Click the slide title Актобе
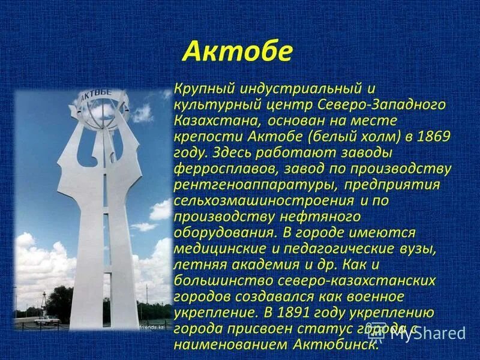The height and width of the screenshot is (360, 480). [237, 52]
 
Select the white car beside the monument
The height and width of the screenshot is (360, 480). [47, 320]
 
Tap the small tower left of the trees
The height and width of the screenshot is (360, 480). [43, 300]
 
